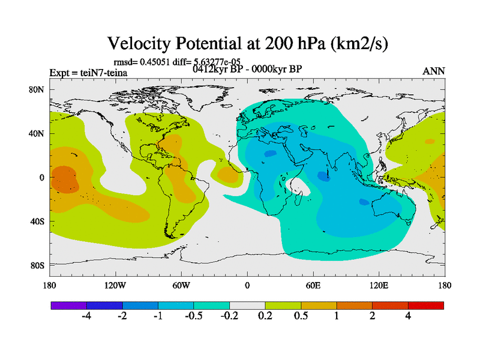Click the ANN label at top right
(434, 71)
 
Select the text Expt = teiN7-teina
(88, 73)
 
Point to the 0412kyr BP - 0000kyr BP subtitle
(247, 68)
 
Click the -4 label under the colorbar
(86, 316)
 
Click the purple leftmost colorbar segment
(68, 305)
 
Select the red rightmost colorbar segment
(426, 305)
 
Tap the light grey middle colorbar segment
(247, 305)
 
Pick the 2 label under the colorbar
(372, 316)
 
